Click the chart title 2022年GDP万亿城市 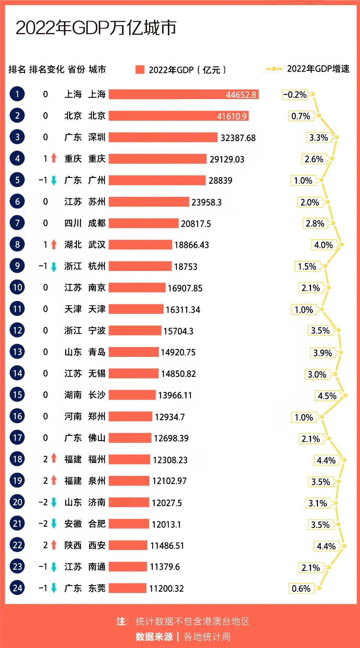tap(96, 28)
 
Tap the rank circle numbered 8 tap(17, 244)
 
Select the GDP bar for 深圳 tap(163, 137)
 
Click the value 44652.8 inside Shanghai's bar tap(241, 95)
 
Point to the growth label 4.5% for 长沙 tap(327, 396)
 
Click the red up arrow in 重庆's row tap(54, 158)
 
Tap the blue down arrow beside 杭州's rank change tap(54, 267)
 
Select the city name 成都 tap(97, 223)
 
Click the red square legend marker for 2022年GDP tap(140, 70)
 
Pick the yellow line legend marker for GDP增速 tap(274, 69)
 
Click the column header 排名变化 tap(46, 69)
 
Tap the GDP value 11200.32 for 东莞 tap(166, 588)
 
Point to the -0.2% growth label tap(295, 95)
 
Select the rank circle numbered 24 tap(17, 588)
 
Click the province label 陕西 tap(73, 545)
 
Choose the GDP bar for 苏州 tap(149, 202)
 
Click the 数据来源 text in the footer tap(154, 637)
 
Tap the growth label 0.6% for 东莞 tap(301, 588)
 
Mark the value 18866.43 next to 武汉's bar tap(192, 245)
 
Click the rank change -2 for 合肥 tap(43, 523)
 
